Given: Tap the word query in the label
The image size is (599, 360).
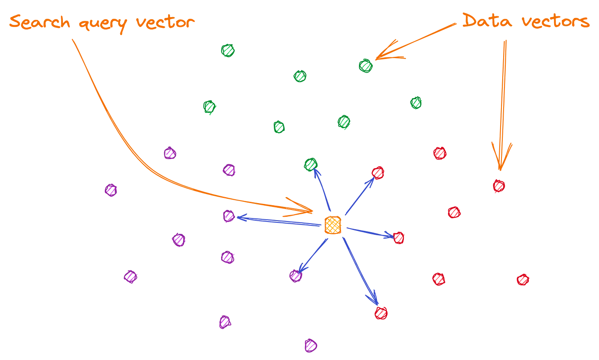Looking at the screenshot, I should point(102,24).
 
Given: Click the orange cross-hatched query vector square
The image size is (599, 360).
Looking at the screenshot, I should point(333,225).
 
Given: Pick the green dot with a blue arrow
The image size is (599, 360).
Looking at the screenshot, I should point(311,165).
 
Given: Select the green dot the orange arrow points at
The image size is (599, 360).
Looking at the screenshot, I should point(365,66).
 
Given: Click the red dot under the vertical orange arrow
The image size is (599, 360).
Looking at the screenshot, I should point(499,186).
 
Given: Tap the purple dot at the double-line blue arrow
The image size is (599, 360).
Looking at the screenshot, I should point(229,216).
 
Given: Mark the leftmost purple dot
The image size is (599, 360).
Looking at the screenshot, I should point(111,190).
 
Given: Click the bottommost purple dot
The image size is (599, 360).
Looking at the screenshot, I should point(310,345).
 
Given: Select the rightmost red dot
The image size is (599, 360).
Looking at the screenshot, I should point(523,280).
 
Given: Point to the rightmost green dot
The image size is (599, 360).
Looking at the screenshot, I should point(416,103).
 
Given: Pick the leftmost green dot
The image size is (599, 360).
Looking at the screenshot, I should point(209,107).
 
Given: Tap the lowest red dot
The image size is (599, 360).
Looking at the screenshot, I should point(381,313).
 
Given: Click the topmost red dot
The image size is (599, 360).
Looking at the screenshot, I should point(440,153).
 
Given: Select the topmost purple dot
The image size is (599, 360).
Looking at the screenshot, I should point(170,153).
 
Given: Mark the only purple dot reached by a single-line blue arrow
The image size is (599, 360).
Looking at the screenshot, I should point(295,276).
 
